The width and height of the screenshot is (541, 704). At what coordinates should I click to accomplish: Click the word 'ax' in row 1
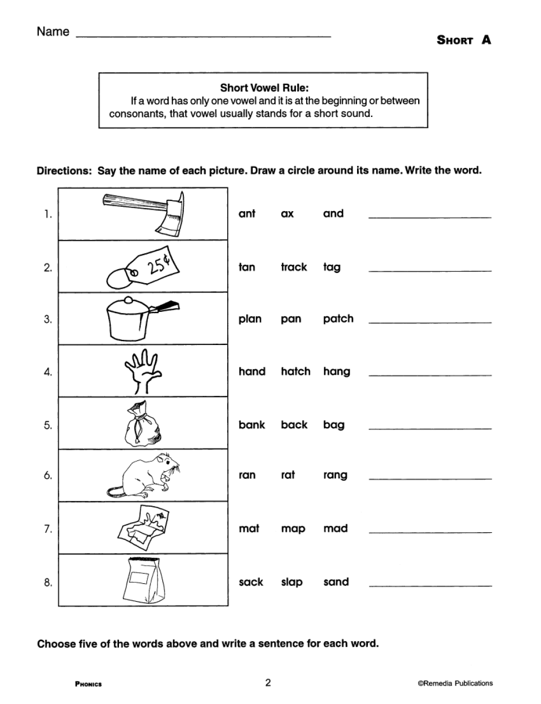coord(287,214)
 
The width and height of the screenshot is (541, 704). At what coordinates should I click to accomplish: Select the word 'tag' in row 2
coord(332,267)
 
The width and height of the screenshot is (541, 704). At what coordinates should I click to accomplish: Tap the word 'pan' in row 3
coord(291,319)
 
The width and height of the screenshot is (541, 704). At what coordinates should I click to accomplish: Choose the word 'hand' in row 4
coord(252,371)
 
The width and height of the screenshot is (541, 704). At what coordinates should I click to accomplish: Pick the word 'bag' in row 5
coord(334,425)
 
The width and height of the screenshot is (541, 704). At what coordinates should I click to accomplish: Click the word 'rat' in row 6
coord(288,475)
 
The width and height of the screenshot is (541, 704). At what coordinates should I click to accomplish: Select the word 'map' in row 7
coord(293,529)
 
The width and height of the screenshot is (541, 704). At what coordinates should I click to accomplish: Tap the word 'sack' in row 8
coord(251,582)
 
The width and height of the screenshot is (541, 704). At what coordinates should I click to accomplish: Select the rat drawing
coord(143,475)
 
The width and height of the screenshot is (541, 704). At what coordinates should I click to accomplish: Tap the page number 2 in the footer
coord(268,682)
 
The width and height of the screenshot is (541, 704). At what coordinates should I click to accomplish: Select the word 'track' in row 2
coord(294,267)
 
